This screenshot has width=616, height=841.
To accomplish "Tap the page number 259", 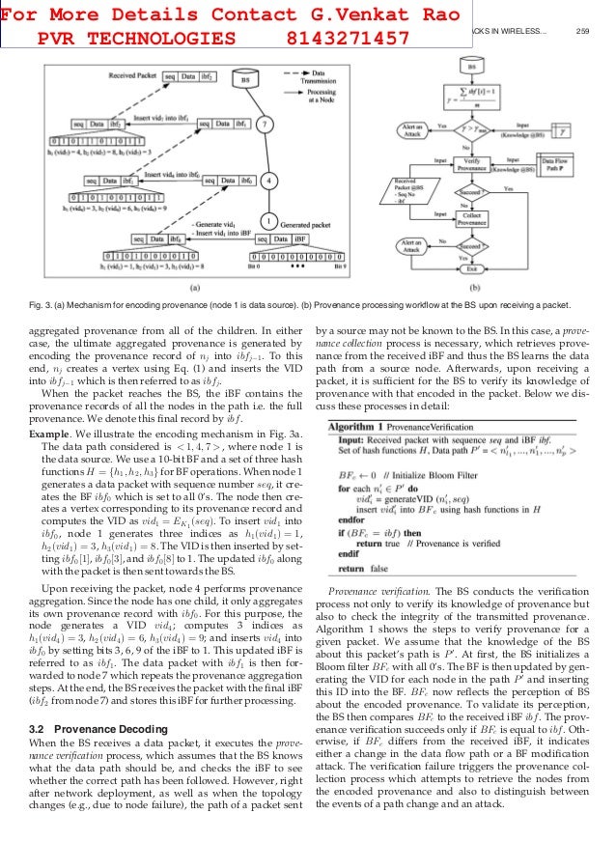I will click(582, 31).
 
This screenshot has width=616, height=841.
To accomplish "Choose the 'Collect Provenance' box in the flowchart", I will click(472, 218).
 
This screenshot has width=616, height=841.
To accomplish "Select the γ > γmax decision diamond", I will click(472, 126).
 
